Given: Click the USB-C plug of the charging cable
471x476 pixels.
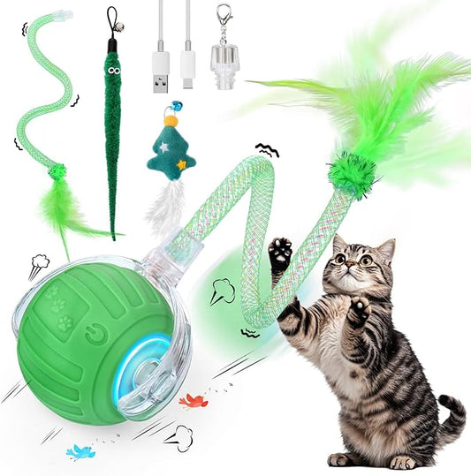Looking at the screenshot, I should [188, 66].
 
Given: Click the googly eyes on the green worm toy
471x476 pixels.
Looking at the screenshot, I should [114, 64].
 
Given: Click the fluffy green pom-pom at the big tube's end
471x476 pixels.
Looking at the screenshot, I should [353, 172].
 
